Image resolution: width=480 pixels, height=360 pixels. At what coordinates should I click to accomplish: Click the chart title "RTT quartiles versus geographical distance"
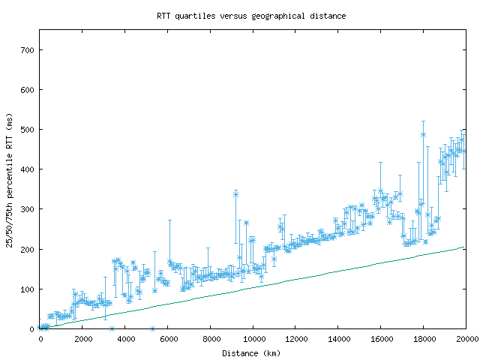pyautogui.click(x=251, y=15)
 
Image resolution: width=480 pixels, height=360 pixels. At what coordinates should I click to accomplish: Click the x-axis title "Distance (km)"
pyautogui.click(x=251, y=352)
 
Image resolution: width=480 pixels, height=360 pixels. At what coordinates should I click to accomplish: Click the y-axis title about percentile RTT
pyautogui.click(x=10, y=180)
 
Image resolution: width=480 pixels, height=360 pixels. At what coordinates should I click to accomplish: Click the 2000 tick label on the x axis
pyautogui.click(x=82, y=339)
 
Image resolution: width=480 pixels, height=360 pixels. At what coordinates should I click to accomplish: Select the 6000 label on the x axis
pyautogui.click(x=168, y=339)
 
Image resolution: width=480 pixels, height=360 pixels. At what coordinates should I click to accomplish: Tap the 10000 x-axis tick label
pyautogui.click(x=253, y=339)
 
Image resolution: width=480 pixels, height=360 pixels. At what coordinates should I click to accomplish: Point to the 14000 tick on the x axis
pyautogui.click(x=338, y=339)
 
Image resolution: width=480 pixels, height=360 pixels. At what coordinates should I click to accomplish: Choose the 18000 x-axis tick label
pyautogui.click(x=423, y=339)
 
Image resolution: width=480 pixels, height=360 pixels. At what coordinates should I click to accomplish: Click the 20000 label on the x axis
pyautogui.click(x=466, y=339)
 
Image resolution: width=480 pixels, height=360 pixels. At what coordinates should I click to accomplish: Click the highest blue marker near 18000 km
pyautogui.click(x=423, y=134)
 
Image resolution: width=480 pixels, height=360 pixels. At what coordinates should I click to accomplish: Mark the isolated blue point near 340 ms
pyautogui.click(x=235, y=193)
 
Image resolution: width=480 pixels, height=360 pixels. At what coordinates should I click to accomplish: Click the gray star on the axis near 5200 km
pyautogui.click(x=152, y=328)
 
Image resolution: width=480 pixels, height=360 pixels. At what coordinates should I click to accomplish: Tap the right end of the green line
pyautogui.click(x=464, y=247)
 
